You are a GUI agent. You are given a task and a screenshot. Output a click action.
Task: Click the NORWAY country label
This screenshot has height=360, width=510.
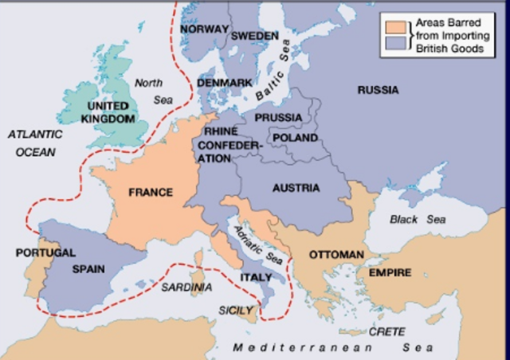click(204, 29)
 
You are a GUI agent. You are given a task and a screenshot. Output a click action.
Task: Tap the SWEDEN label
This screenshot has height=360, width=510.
click(254, 36)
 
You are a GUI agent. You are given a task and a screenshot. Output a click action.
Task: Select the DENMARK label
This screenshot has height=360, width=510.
click(224, 83)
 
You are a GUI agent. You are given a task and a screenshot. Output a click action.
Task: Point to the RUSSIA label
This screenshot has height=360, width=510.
click(378, 90)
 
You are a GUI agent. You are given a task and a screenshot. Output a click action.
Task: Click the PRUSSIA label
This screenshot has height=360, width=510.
click(278, 118)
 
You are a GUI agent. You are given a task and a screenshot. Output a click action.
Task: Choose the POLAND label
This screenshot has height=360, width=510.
click(295, 138)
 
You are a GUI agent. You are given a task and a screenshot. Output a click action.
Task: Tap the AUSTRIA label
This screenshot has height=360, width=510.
click(296, 188)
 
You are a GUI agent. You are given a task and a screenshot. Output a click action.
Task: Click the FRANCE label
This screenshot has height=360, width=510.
click(151, 193)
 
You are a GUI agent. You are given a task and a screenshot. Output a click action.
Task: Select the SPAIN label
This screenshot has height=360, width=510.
click(88, 268)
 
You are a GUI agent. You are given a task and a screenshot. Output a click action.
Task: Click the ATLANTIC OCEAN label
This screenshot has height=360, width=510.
click(35, 143)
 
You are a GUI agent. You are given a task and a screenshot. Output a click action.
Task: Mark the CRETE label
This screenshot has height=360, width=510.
click(386, 331)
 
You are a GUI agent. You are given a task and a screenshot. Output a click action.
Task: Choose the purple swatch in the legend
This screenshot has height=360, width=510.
click(394, 46)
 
